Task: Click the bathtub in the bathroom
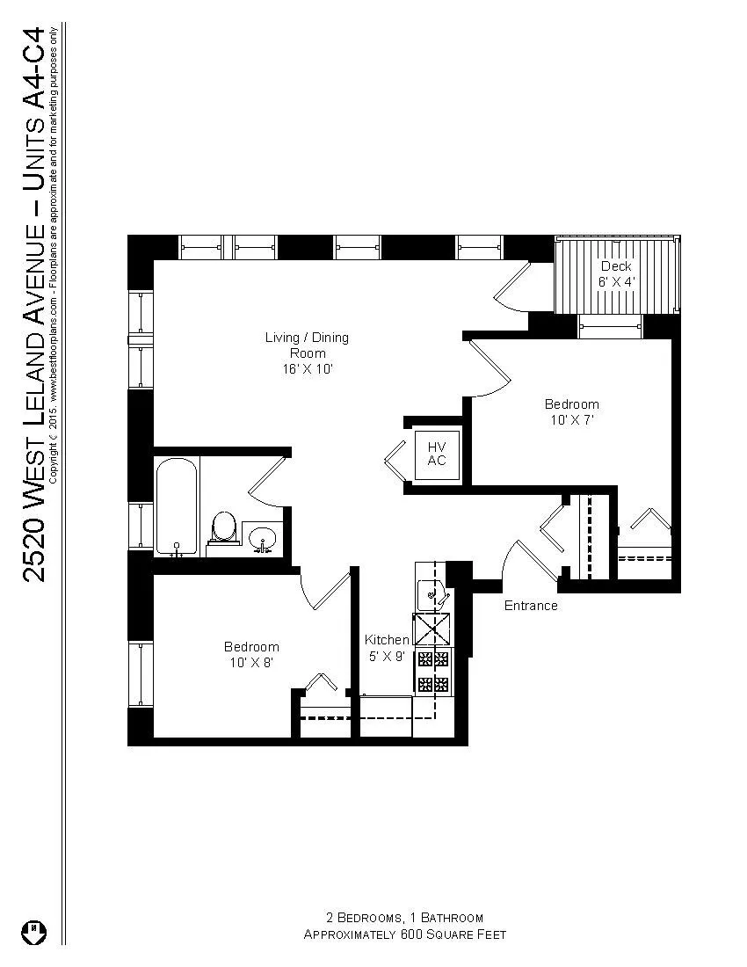[177, 506]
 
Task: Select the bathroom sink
[262, 537]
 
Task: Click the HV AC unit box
[438, 454]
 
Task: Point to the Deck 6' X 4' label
[616, 273]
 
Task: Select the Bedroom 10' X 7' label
[571, 412]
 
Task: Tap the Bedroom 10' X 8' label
[250, 654]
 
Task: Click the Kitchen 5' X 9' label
[387, 648]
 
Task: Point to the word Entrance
[530, 606]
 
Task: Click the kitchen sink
[431, 595]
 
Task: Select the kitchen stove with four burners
[433, 671]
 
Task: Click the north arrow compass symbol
[33, 931]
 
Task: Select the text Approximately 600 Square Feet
[404, 934]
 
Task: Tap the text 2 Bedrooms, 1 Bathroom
[404, 918]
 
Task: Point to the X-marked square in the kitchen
[432, 629]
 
